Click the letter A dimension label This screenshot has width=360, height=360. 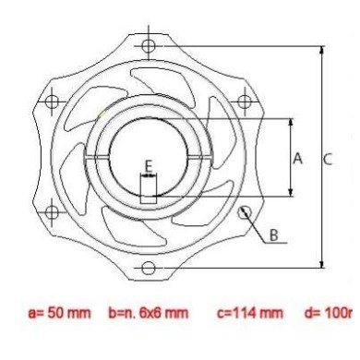(x=297, y=158)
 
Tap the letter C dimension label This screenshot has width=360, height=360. (x=328, y=158)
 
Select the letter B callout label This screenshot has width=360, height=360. (x=273, y=234)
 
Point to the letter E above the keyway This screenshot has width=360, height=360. (x=148, y=165)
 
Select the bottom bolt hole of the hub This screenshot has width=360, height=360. (x=148, y=268)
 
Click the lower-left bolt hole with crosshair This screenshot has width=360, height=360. (x=51, y=211)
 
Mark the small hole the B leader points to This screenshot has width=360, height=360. (x=245, y=211)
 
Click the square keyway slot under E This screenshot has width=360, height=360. (x=148, y=191)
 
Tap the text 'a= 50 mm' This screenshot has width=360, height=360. (x=60, y=313)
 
